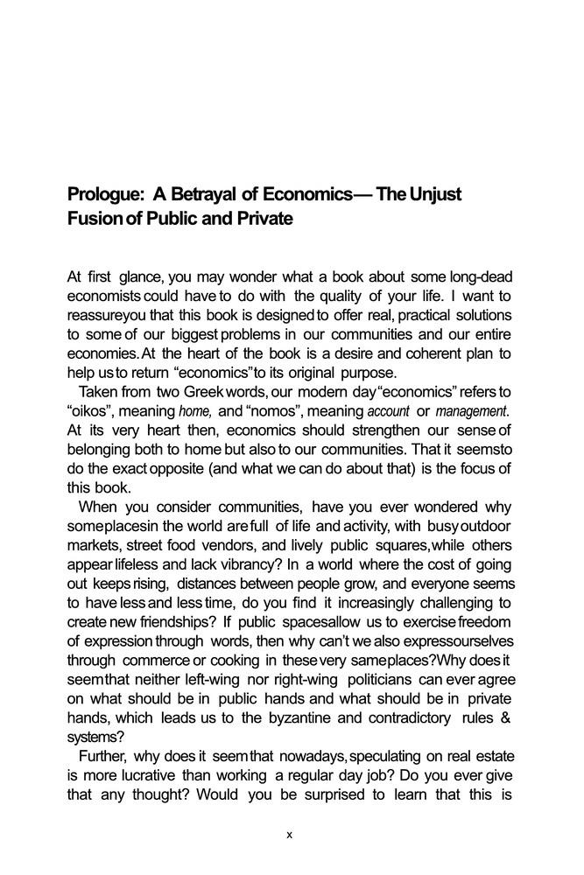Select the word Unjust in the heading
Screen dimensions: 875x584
coord(433,194)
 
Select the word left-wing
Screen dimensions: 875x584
coord(207,680)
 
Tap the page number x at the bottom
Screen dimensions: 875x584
coord(290,836)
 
